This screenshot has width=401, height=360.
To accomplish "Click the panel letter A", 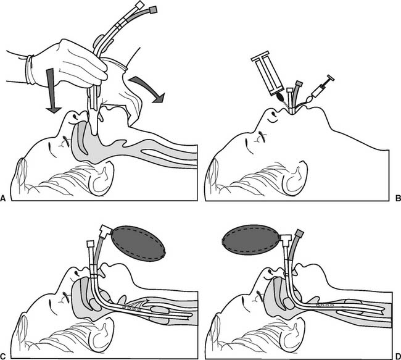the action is pos(2,198).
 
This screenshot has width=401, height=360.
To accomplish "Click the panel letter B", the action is pos(398,198).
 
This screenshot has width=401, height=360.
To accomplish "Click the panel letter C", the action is pos(3,356).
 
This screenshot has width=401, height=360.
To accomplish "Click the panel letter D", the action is pos(398,356).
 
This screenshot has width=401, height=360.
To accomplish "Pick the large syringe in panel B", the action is pos(268,73).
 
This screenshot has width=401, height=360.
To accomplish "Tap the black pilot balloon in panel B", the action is pos(280,97).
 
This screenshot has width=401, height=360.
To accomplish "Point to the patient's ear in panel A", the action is pos(102,179).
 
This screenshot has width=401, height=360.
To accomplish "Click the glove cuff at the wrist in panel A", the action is pos(30,70).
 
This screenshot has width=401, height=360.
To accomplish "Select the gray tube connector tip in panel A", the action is pos(152,10).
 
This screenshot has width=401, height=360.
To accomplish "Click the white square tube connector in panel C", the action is pos(91,243).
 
